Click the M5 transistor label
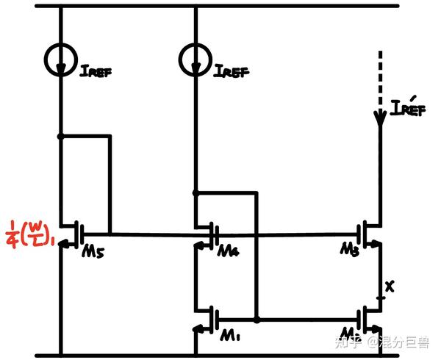[x=92, y=253]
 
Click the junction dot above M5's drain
[x=60, y=136]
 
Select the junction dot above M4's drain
[x=196, y=193]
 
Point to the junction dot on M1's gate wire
[x=257, y=320]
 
